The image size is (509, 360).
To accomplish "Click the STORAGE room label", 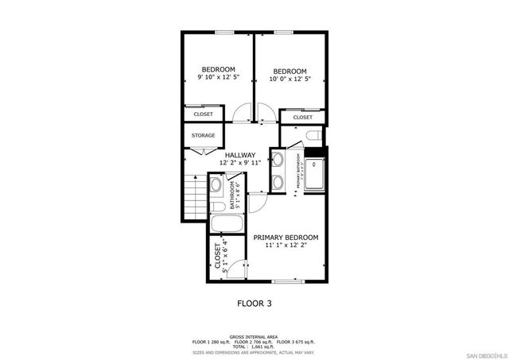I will (203, 135).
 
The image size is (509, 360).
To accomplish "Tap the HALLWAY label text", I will (239, 155).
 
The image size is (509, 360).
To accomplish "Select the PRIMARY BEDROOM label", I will (286, 238).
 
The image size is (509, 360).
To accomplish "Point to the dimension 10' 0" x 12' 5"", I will (289, 78).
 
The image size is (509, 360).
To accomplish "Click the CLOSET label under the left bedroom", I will (203, 114).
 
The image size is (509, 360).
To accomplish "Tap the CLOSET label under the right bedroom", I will (302, 118).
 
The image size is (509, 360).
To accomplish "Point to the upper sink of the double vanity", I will (279, 160).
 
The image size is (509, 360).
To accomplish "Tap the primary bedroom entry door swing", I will (257, 202).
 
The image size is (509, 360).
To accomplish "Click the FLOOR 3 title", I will (254, 303).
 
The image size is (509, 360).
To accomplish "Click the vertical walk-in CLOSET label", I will (217, 256).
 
